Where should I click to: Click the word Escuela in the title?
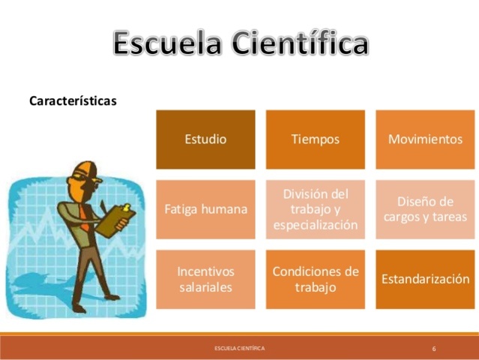167,44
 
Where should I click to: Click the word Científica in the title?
300,44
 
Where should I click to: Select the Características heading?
72,100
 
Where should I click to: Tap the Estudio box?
205,139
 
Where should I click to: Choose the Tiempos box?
315,139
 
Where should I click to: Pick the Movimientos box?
425,139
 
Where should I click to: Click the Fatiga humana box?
205,209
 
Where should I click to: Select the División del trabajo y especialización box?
315,209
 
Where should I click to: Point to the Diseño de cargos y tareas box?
425,209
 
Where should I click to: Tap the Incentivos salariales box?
205,279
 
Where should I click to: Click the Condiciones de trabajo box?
315,279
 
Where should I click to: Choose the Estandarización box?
425,279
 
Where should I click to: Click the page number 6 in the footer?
434,349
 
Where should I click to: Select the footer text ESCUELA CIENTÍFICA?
239,349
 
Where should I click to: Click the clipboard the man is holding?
118,219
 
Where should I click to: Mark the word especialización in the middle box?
315,225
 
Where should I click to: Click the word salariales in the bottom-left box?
205,287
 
